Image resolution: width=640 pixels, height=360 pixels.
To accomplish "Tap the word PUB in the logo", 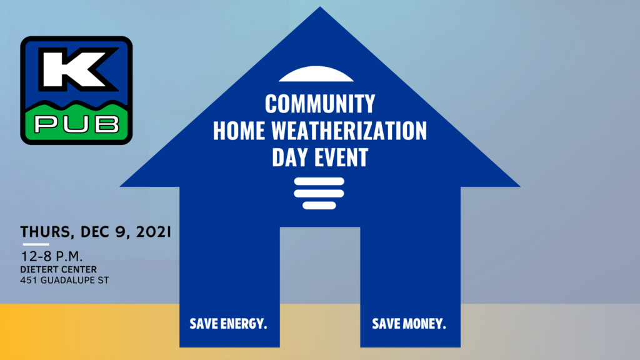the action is pos(77,124).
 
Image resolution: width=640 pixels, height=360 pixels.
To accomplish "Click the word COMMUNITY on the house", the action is pos(320,104).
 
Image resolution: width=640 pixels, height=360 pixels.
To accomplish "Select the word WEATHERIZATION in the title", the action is pos(349,131).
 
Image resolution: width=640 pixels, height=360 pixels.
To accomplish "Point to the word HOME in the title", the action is pos(239,131).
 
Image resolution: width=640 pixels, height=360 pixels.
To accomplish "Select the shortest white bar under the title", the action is pos(319,205).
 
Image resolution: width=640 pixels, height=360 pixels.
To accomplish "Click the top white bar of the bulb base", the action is pos(319,181).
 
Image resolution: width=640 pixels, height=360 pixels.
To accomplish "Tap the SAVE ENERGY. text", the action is pos(228,324).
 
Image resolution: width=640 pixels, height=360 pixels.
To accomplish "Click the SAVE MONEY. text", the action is pos(409,324).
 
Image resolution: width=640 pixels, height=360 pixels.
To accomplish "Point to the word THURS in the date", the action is pos(45,232).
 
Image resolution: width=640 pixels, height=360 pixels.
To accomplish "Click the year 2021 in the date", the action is pos(154,231).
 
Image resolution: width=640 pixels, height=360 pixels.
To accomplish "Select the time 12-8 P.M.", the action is pos(51,256).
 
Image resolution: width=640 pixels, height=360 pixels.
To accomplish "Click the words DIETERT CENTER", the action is pos(58,269).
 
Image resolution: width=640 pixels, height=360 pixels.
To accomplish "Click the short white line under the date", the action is pos(36,244).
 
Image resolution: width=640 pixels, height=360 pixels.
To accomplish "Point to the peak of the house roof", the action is pos(320,7).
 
